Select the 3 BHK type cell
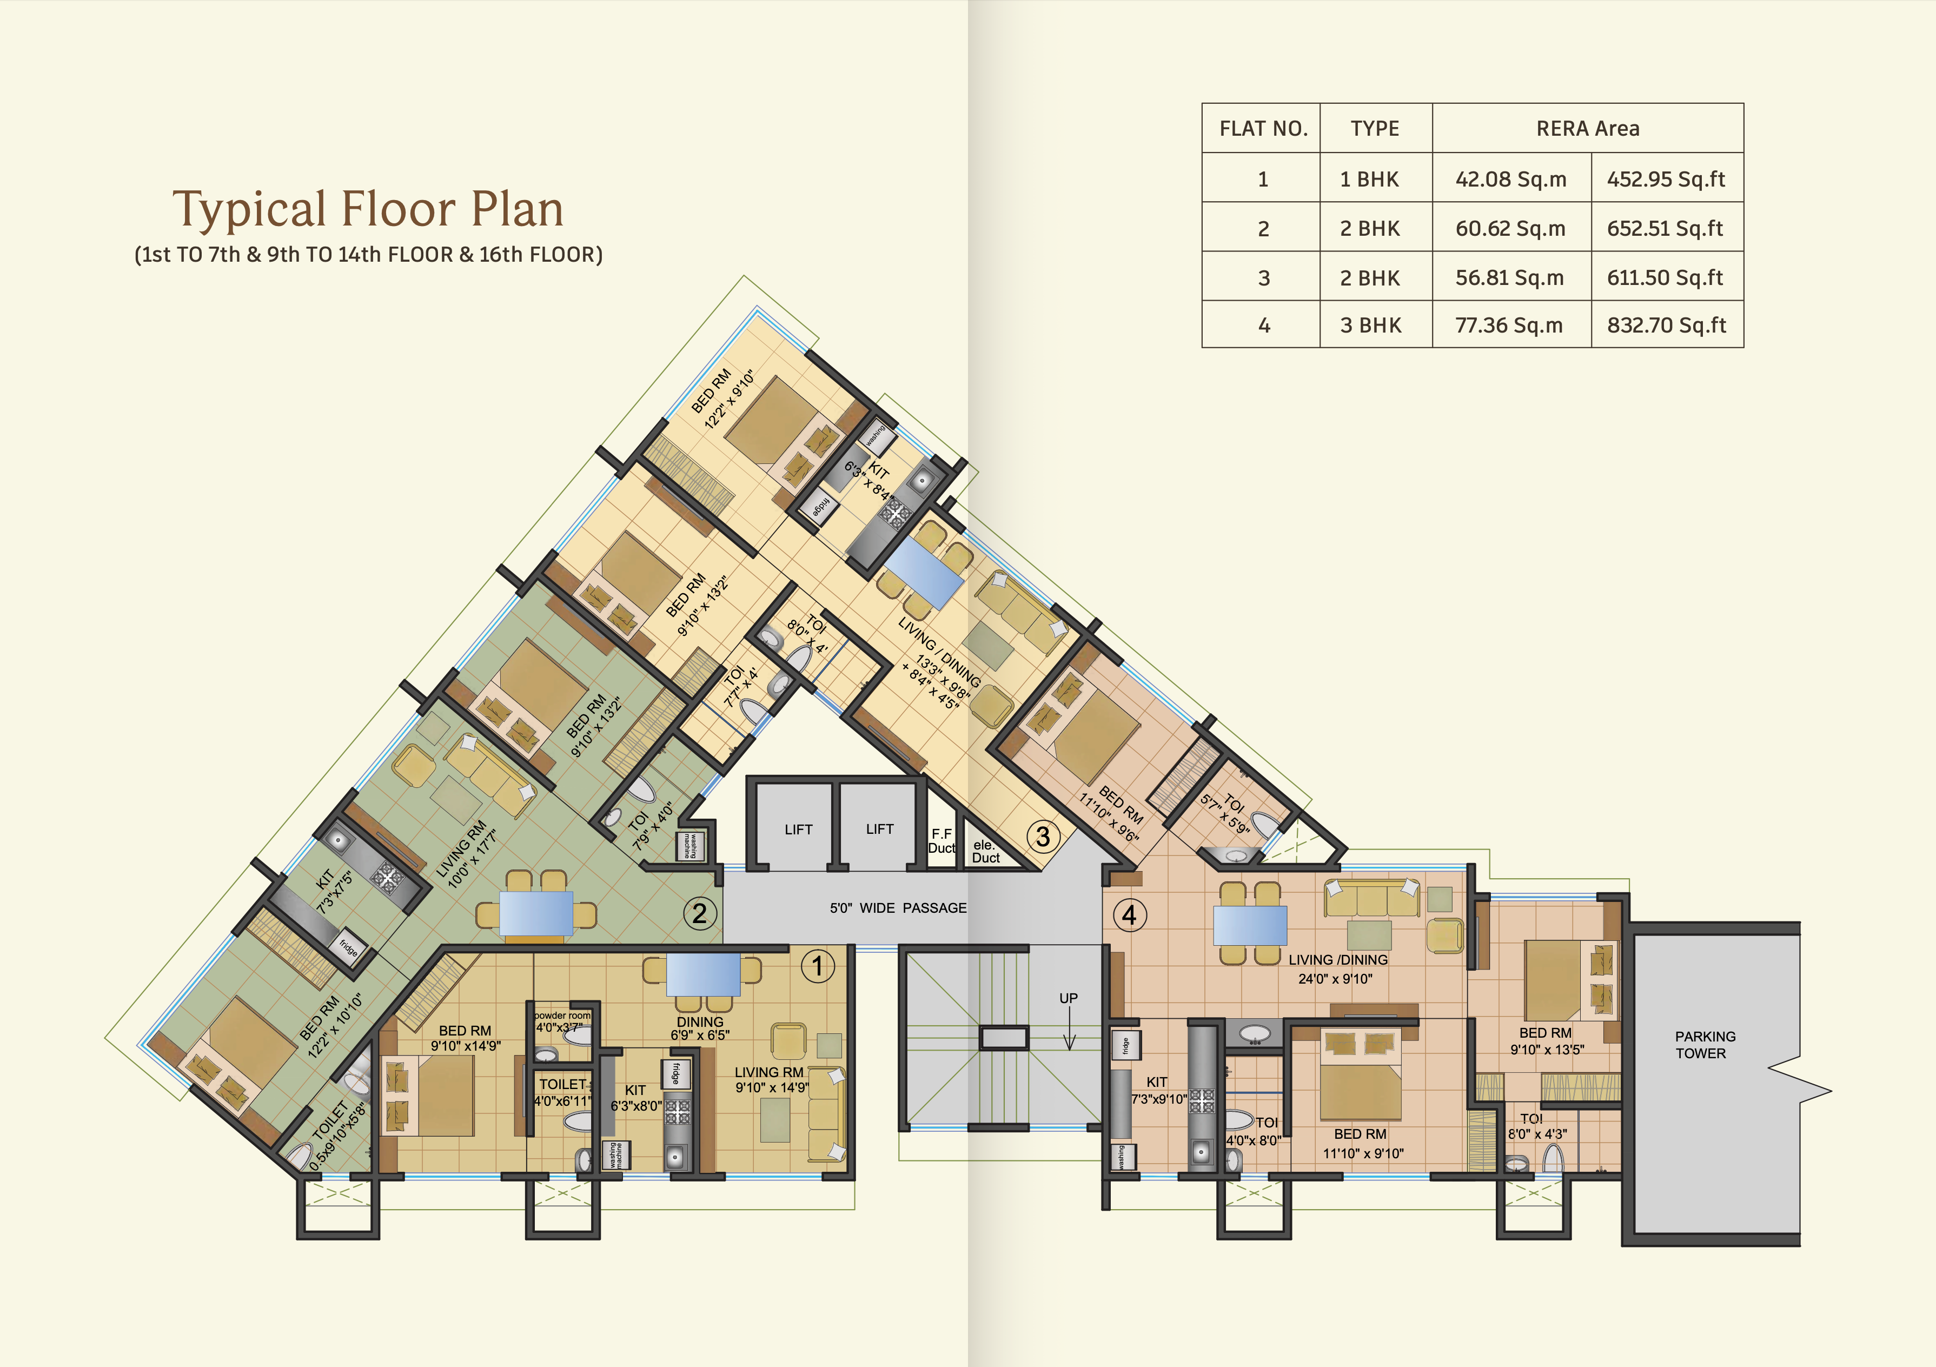1371,326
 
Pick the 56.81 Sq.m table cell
1509,277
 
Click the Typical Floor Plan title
368,209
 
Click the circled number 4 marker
1129,915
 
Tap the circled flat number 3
1043,837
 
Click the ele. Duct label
985,852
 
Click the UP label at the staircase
1069,998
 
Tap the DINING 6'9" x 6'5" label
700,1028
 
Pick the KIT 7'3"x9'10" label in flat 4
1158,1090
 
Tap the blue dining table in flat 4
1250,925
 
